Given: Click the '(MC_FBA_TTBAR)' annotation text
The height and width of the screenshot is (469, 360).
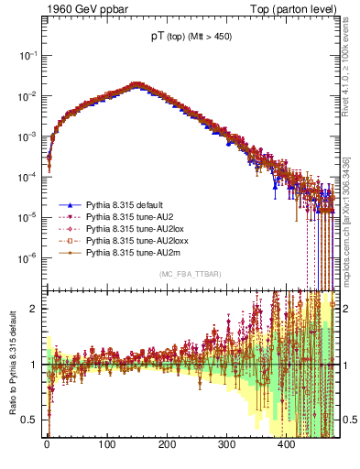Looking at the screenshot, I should point(191,274).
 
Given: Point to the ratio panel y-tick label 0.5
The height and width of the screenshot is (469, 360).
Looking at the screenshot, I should point(33,420).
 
